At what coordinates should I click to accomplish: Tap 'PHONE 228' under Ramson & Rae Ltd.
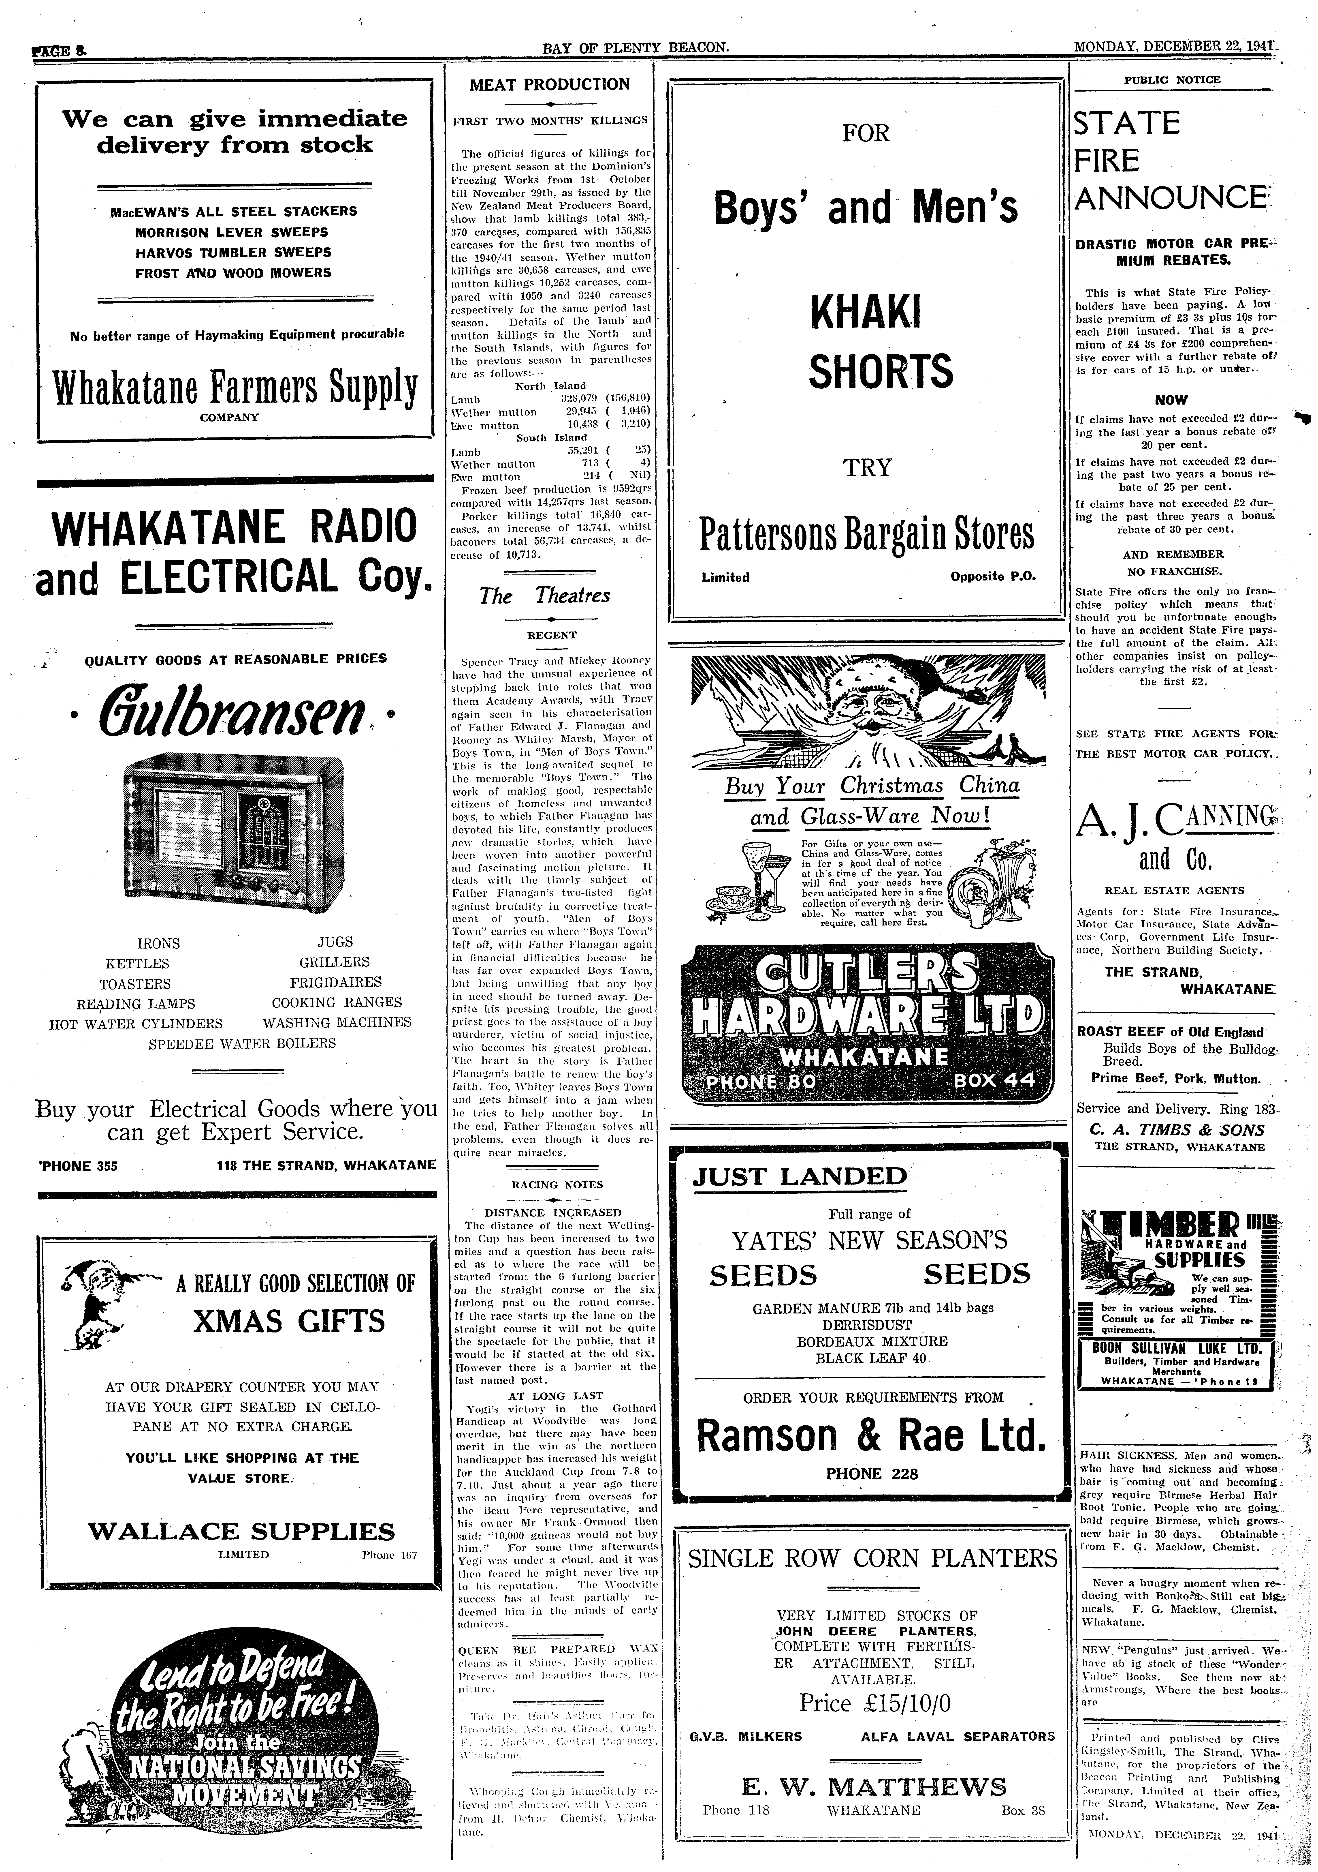(871, 1473)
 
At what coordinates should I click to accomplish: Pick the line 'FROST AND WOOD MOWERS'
(233, 273)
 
